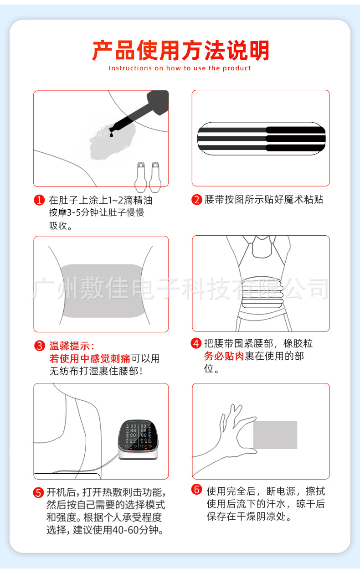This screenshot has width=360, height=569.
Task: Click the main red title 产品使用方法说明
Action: click(180, 51)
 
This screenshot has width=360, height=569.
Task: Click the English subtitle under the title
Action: click(180, 68)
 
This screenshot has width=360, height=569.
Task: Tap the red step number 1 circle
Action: click(40, 200)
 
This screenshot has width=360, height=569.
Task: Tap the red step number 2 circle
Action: click(197, 200)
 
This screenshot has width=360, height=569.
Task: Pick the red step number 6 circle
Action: click(196, 490)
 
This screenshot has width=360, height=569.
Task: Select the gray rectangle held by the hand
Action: click(275, 435)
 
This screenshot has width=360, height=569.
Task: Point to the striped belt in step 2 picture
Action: click(261, 138)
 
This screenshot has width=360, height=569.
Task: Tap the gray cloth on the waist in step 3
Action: click(100, 290)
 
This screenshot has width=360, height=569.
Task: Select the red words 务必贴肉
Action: click(224, 357)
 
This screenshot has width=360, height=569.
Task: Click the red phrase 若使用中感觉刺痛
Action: click(90, 359)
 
